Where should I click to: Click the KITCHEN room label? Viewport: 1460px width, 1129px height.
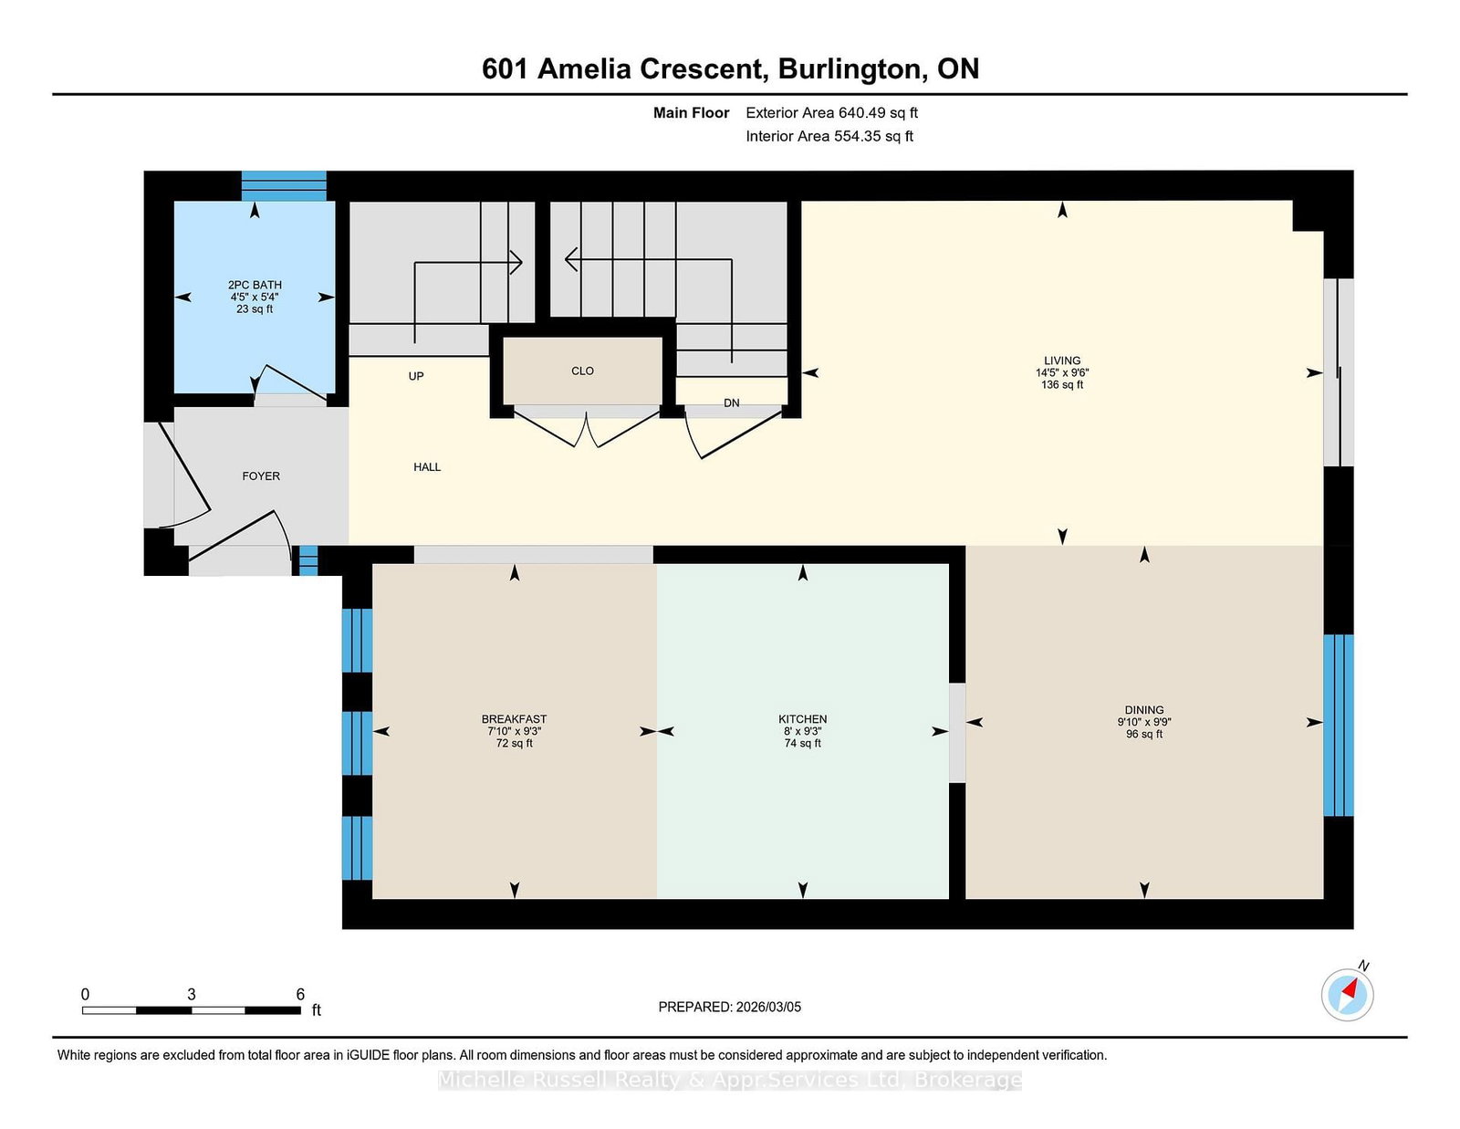[x=802, y=719]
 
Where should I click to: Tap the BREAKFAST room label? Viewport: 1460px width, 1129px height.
[x=514, y=719]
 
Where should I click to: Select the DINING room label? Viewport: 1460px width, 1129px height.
[x=1144, y=710]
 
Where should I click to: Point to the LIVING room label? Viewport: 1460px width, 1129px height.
[x=1062, y=361]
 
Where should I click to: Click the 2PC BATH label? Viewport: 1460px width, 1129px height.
[x=255, y=285]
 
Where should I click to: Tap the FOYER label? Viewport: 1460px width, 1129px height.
[x=261, y=476]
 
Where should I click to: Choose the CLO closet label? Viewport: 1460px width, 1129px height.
[x=582, y=371]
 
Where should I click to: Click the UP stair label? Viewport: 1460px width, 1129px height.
[x=416, y=376]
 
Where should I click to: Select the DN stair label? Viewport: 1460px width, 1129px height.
[x=732, y=403]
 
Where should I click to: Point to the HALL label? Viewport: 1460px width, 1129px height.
[x=427, y=467]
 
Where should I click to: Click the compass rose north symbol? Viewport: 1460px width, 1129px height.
[x=1347, y=995]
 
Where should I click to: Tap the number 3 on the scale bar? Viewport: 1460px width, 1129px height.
[x=192, y=995]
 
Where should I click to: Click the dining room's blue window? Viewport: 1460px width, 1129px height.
[x=1339, y=725]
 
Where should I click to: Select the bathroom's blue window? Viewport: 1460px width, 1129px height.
[x=284, y=186]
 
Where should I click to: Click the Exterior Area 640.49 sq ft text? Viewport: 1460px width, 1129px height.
[x=832, y=113]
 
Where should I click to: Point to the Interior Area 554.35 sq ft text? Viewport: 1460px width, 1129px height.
[x=829, y=136]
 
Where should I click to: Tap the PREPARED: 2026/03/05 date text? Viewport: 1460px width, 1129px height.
[x=730, y=1007]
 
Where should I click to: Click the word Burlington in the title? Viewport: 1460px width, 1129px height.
[x=850, y=69]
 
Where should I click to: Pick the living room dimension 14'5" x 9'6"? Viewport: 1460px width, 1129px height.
[x=1062, y=372]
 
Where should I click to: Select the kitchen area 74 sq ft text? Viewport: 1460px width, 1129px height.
[x=803, y=743]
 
